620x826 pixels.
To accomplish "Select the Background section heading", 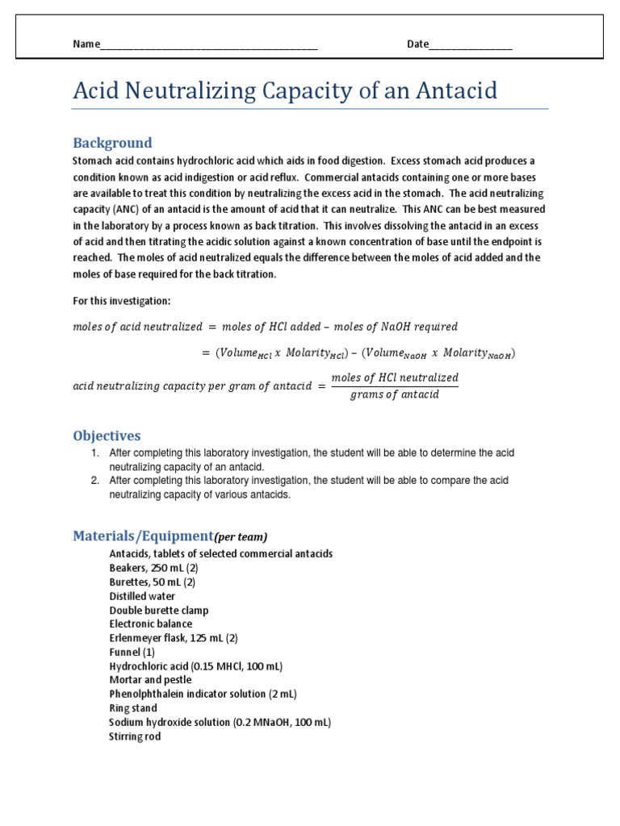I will (x=112, y=143).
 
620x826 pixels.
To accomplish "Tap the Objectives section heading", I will (x=107, y=436).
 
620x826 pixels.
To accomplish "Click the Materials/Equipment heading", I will (x=143, y=536).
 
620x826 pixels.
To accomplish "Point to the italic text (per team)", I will (x=241, y=536).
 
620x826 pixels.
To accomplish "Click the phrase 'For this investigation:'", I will (x=122, y=300).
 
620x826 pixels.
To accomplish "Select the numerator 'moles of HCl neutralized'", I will (x=395, y=378).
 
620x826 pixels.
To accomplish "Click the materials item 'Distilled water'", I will (x=142, y=596).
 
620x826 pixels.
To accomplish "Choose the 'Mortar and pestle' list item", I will (x=150, y=680).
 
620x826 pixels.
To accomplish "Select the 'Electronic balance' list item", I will (x=151, y=624).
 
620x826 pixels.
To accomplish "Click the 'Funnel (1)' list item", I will (x=132, y=652).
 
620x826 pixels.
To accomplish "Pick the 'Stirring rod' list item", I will (x=135, y=736).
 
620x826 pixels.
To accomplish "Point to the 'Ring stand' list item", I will (x=133, y=708).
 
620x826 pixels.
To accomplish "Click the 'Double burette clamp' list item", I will (x=159, y=610).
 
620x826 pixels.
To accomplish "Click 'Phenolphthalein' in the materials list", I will (x=148, y=694).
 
